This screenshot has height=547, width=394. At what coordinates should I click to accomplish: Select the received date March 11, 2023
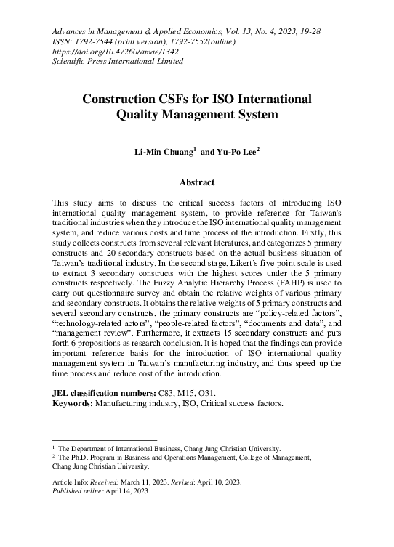(161, 482)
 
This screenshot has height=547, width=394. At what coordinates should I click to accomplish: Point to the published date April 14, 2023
(129, 492)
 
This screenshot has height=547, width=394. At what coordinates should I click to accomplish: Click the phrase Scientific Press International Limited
(118, 61)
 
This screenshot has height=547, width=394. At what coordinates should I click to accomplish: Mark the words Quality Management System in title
(197, 114)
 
